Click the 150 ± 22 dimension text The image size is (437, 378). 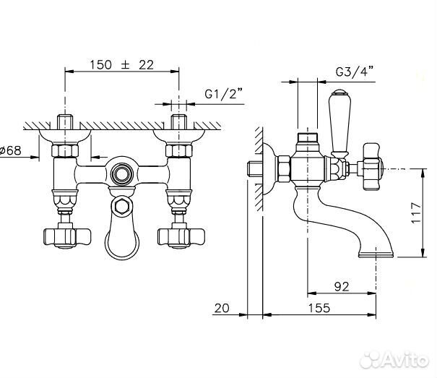point(121,64)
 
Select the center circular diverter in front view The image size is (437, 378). point(121,173)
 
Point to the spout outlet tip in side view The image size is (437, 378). point(377,252)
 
